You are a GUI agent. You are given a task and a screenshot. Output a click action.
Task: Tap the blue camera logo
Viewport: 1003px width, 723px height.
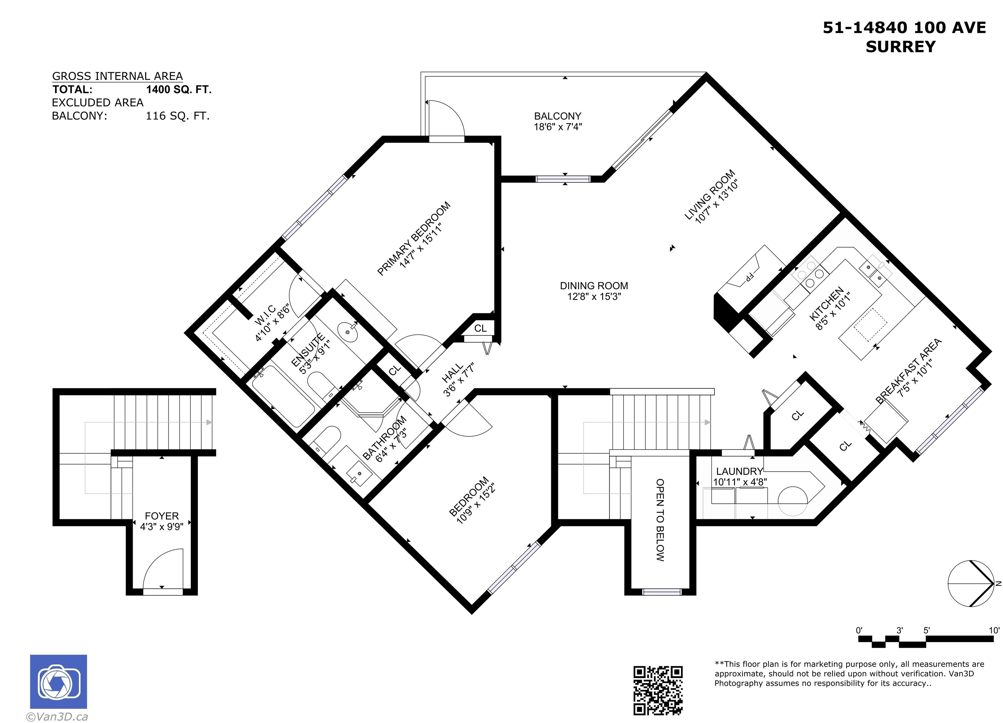click(x=58, y=681)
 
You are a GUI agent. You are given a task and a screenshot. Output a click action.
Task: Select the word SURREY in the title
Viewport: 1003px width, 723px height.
click(x=900, y=46)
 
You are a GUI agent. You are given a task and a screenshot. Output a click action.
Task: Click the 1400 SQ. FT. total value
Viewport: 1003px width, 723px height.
click(x=179, y=89)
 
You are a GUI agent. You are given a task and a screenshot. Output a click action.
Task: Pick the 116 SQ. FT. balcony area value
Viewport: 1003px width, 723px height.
click(x=178, y=116)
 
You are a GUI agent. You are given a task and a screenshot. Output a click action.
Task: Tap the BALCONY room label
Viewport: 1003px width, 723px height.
click(x=558, y=116)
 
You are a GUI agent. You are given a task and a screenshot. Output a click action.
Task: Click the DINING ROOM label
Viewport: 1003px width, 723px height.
click(x=594, y=286)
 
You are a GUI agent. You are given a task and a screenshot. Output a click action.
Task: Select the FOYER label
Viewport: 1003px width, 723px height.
click(x=162, y=516)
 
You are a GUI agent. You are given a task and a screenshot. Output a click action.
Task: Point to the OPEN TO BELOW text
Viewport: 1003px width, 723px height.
click(x=660, y=520)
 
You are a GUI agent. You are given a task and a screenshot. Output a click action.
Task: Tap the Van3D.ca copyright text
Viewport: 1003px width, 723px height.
click(x=57, y=716)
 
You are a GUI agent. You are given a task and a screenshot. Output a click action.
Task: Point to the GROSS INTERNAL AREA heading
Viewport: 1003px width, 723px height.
click(x=117, y=76)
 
